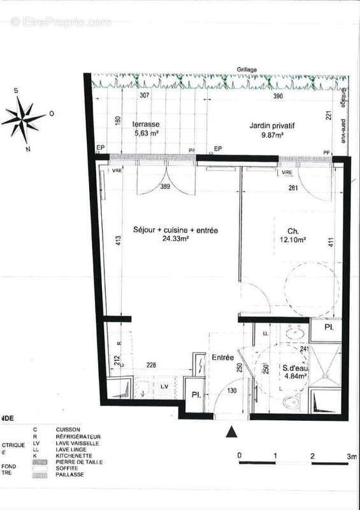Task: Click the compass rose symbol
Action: pyautogui.click(x=24, y=119)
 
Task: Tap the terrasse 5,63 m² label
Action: pyautogui.click(x=146, y=129)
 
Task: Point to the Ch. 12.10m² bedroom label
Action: pyautogui.click(x=290, y=236)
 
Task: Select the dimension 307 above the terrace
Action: pyautogui.click(x=144, y=96)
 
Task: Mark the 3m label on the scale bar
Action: pyautogui.click(x=351, y=456)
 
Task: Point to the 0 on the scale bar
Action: pyautogui.click(x=239, y=456)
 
